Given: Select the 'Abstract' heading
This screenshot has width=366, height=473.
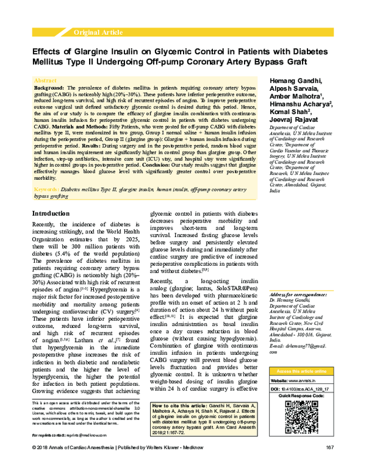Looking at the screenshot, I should (x=46, y=80).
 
